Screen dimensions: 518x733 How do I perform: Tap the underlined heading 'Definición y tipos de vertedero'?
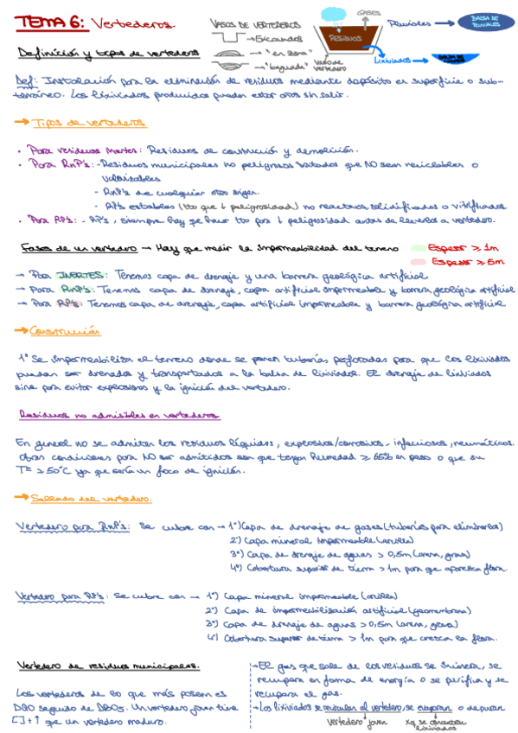pyautogui.click(x=107, y=53)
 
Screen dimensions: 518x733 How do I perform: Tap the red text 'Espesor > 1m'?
pyautogui.click(x=464, y=245)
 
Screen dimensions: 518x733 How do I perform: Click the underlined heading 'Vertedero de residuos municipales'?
pyautogui.click(x=108, y=666)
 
